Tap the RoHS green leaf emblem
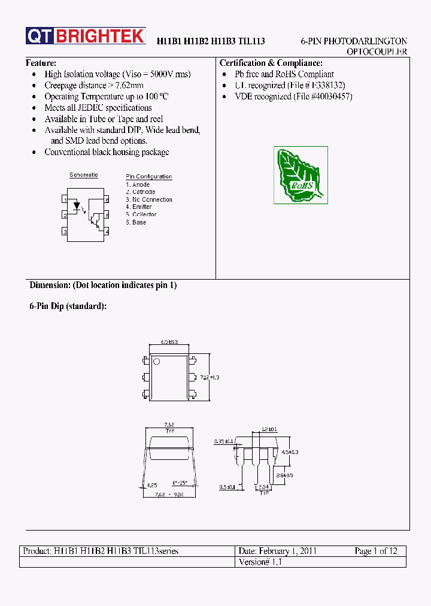pyautogui.click(x=301, y=175)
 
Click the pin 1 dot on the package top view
pyautogui.click(x=157, y=362)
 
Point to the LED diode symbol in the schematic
pyautogui.click(x=76, y=205)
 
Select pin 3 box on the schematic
pyautogui.click(x=65, y=231)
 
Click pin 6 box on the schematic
pyautogui.click(x=106, y=199)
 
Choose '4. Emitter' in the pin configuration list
pyautogui.click(x=139, y=207)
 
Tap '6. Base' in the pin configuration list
pyautogui.click(x=136, y=222)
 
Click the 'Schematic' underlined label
pyautogui.click(x=84, y=175)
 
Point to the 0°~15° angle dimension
pyautogui.click(x=180, y=483)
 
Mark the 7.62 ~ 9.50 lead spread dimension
pyautogui.click(x=169, y=495)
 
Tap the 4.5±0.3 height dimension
pyautogui.click(x=290, y=453)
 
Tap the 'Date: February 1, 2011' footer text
pyautogui.click(x=277, y=551)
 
